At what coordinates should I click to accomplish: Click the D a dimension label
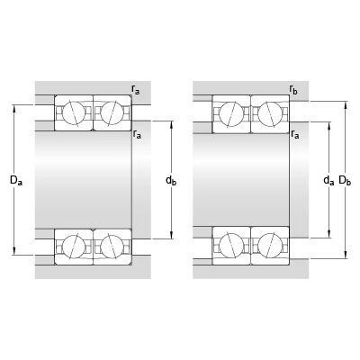click(16, 180)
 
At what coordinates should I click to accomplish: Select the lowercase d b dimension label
click(171, 180)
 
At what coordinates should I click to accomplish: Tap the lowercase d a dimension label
click(328, 180)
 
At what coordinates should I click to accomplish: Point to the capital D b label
click(345, 180)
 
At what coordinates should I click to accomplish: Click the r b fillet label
click(293, 89)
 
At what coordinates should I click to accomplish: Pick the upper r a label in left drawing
click(136, 89)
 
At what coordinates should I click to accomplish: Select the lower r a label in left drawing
click(137, 134)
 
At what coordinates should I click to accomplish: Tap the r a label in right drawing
click(295, 134)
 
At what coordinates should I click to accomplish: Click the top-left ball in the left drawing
click(74, 112)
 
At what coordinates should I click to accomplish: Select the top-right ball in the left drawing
click(112, 112)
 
